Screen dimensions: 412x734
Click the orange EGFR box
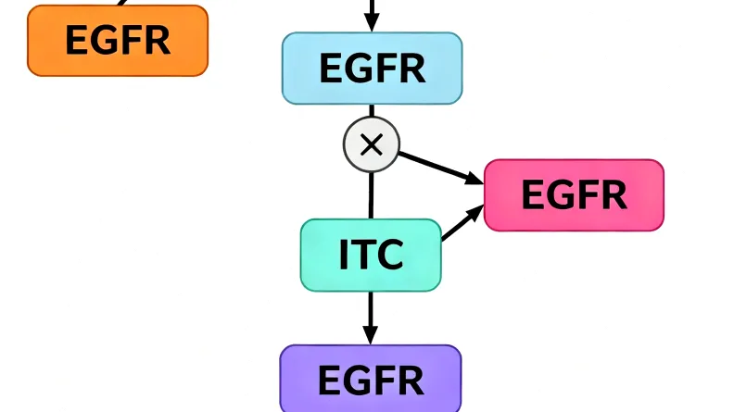click(118, 41)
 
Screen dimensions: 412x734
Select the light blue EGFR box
click(372, 69)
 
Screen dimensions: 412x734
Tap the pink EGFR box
click(574, 194)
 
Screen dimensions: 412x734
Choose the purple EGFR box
click(371, 380)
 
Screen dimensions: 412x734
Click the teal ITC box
click(371, 255)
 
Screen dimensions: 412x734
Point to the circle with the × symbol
click(371, 144)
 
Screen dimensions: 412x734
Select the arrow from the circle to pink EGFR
click(440, 166)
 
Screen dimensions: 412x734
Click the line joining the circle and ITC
click(371, 194)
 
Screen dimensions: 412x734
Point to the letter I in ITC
click(343, 255)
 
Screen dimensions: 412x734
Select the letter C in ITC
click(390, 255)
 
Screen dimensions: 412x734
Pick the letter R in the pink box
click(613, 194)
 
